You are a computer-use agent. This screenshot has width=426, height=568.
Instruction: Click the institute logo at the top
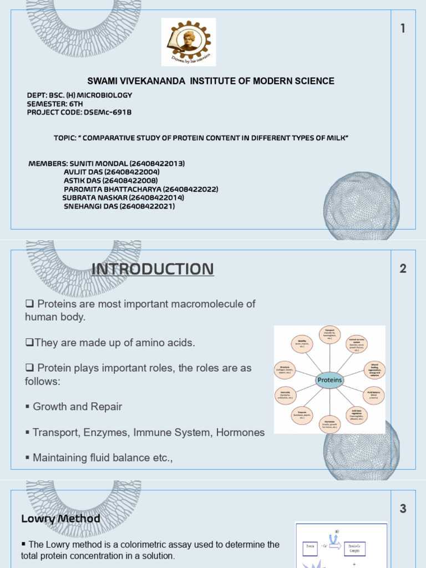coord(189,42)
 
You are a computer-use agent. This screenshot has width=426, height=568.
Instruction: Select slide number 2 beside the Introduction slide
coord(403,269)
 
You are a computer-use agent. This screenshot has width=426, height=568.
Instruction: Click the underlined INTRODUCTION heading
coord(152,270)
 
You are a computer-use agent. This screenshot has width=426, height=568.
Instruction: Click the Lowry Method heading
coord(60,519)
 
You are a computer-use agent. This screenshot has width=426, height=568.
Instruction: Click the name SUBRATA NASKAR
coord(95,197)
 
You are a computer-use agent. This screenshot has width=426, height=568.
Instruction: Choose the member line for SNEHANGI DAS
coord(119,206)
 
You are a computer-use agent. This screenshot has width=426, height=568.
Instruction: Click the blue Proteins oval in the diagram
coord(329,380)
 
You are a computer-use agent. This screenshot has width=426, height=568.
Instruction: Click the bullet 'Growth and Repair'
coord(77,407)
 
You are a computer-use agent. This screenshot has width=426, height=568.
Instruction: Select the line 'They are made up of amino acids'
coord(110,343)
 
